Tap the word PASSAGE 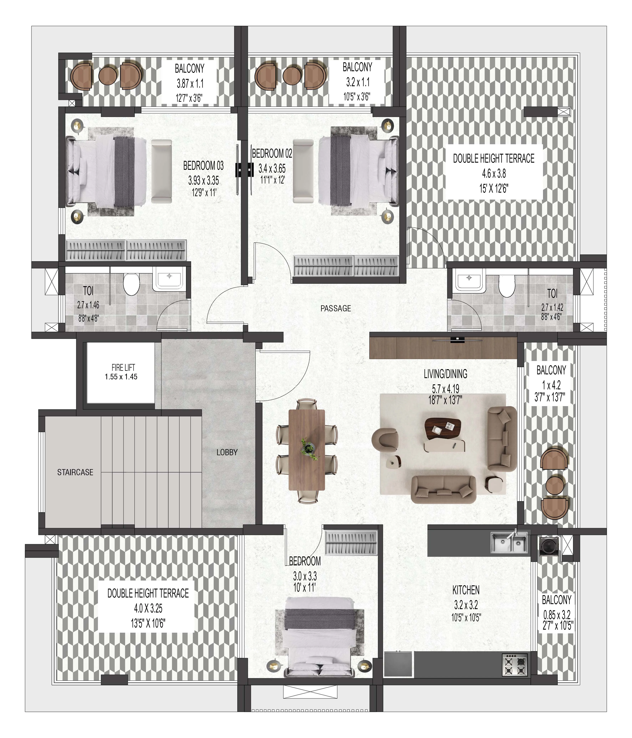[336, 308]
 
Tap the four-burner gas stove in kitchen [515, 664]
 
